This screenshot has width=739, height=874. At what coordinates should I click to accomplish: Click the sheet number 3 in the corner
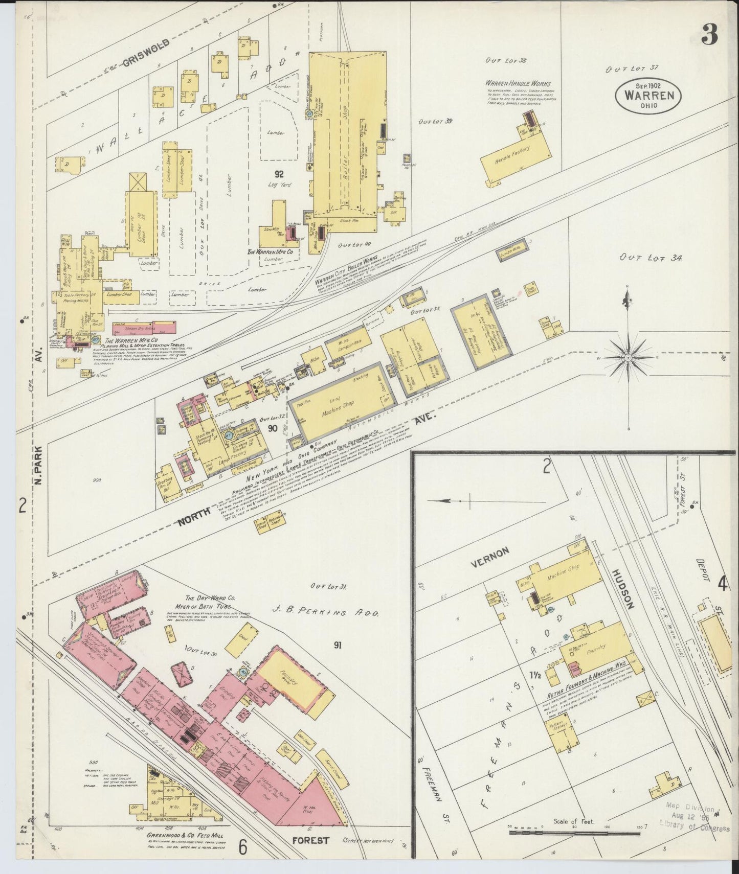710,36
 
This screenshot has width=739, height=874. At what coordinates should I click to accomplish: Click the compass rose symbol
628,357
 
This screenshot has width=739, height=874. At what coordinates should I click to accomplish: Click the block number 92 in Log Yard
279,174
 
